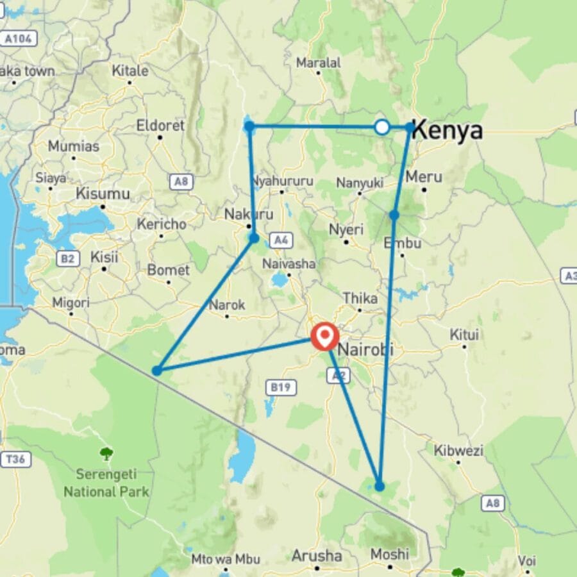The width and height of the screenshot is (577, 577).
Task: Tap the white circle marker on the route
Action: (382, 127)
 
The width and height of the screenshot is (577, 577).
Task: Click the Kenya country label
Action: (447, 130)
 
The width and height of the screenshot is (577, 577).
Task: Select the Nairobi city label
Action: (365, 350)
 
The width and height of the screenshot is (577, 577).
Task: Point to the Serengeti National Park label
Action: (106, 484)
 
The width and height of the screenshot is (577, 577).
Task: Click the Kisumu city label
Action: (103, 193)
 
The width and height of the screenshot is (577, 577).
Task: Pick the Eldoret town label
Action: (160, 126)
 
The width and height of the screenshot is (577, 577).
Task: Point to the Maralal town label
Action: (319, 63)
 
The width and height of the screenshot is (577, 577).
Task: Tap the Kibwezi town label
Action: (458, 451)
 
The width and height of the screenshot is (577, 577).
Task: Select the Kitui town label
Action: (465, 334)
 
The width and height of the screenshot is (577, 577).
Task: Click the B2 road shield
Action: (67, 258)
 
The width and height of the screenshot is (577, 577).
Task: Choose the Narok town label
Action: (227, 305)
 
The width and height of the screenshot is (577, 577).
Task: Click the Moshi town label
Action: (390, 553)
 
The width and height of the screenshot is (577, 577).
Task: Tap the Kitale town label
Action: (130, 71)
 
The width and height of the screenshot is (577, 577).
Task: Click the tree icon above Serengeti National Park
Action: (106, 455)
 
